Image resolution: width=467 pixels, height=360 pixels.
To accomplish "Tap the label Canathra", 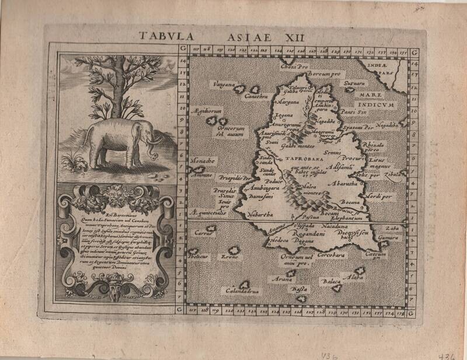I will point(255,96).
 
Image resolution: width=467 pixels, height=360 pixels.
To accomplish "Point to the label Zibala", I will point(392,174).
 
